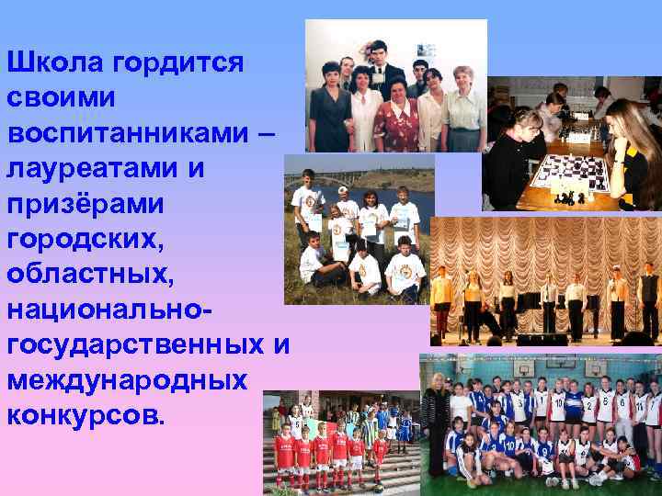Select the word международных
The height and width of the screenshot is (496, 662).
click(127, 378)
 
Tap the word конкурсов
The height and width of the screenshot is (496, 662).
click(86, 413)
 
